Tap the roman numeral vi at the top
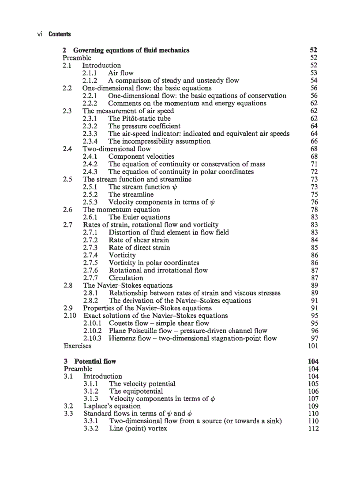click(39, 34)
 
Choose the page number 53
click(314, 73)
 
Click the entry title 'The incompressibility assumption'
click(159, 141)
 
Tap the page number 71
click(314, 164)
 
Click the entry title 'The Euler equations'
click(139, 217)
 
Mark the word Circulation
click(126, 278)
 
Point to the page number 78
click(314, 209)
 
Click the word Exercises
click(78, 346)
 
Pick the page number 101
click(313, 346)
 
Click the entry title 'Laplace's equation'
click(112, 406)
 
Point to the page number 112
click(313, 428)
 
